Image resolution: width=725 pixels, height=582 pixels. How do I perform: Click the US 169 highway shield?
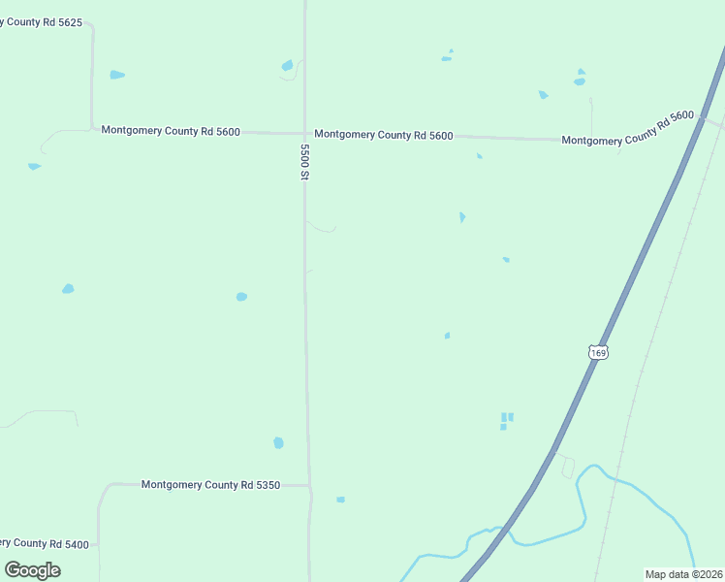coord(598,352)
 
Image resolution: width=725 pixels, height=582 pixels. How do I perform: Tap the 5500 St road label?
coord(304,162)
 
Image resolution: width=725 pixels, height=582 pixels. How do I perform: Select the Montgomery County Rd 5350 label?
coord(210,484)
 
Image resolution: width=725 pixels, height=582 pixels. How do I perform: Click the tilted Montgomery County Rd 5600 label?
coord(628,128)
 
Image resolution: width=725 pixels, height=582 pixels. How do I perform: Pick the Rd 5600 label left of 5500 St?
coord(171,130)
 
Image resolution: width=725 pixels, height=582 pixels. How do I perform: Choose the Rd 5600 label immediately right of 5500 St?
coord(384,135)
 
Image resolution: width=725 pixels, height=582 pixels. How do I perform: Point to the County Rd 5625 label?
coord(41,21)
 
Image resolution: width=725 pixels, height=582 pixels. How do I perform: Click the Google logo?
coord(33,570)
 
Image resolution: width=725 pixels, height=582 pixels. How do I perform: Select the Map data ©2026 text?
coord(683,574)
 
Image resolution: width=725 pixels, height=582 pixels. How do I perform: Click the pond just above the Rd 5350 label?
coord(278,442)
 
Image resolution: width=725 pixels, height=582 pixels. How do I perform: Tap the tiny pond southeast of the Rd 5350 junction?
coord(340,500)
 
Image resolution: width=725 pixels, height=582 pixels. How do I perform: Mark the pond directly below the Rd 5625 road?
coord(117,75)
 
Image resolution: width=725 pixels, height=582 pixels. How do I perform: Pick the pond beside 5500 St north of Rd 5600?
coord(287,66)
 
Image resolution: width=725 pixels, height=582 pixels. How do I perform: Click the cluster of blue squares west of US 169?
coord(506,420)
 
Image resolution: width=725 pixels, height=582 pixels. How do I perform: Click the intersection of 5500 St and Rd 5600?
coord(304,134)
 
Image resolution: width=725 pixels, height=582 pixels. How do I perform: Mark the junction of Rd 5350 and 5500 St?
coord(309,485)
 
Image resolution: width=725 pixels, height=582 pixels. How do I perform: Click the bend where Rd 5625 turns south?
coord(91,26)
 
